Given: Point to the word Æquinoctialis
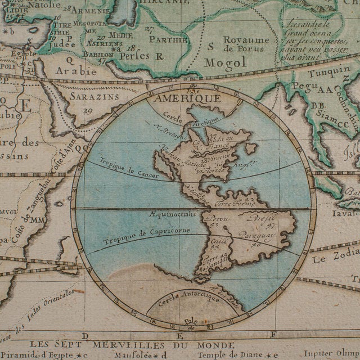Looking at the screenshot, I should coord(173,214).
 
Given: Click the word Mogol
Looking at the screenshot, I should coord(225,63).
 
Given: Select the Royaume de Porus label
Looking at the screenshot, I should coord(246,44).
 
